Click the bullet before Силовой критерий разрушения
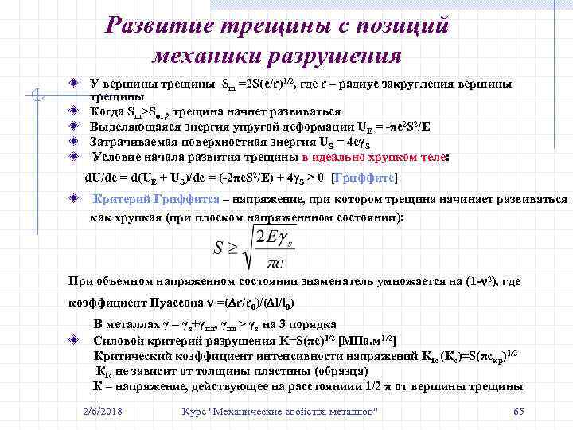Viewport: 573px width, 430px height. point(72,339)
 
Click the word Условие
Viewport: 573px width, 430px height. point(115,156)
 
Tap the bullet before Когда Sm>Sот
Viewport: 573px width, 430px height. point(72,111)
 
